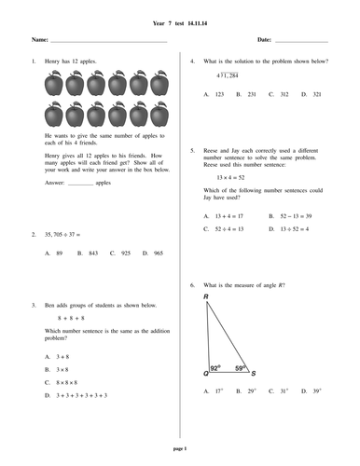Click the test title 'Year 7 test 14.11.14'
180,20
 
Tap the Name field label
38,41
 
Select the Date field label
264,41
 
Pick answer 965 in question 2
157,253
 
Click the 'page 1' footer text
180,449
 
